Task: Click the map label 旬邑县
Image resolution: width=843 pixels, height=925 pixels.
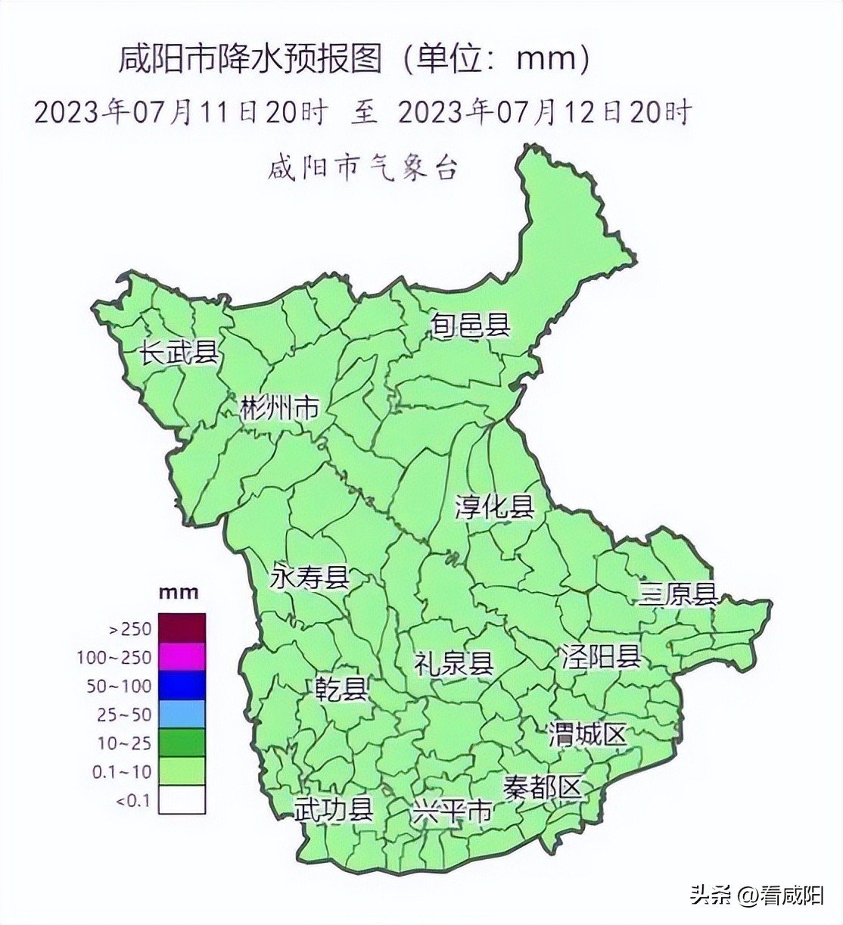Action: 470,325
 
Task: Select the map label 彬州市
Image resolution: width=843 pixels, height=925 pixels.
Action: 279,409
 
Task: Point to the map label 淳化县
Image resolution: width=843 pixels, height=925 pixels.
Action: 494,506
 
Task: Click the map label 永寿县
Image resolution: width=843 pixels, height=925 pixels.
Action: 310,578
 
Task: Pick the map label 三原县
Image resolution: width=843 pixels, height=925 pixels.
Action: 677,594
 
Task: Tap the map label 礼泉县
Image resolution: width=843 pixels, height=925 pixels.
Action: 453,663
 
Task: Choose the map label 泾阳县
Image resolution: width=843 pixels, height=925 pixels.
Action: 601,656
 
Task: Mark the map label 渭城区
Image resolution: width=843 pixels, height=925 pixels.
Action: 588,733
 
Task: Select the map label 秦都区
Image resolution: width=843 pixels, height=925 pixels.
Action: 544,788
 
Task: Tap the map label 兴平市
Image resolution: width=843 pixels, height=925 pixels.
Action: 452,811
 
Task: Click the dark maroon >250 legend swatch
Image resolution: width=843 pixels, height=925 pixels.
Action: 182,628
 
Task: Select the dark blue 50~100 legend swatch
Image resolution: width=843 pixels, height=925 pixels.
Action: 182,686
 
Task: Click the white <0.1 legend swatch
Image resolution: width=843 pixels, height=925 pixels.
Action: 182,799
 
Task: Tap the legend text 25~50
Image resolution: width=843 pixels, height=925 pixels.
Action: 124,715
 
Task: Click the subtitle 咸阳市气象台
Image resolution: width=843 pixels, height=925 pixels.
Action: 363,169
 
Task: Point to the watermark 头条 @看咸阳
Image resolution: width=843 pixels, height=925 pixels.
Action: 756,897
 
